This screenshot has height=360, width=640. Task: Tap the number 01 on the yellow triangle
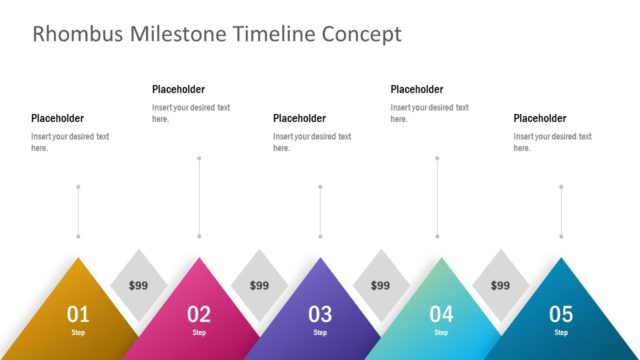(x=78, y=314)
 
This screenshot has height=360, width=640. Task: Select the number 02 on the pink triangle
(x=199, y=314)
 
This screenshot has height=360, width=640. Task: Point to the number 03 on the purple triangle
(x=320, y=314)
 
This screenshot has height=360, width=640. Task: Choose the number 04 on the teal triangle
(x=441, y=314)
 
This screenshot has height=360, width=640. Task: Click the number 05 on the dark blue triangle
(x=561, y=314)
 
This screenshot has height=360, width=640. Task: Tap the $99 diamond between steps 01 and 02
(x=138, y=285)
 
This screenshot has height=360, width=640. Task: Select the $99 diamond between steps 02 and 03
(x=259, y=285)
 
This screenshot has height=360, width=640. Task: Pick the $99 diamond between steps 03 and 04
(x=380, y=285)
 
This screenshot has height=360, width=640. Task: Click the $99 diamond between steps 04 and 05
(x=500, y=285)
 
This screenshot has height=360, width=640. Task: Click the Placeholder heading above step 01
(x=57, y=118)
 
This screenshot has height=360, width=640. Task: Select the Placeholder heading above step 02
(x=178, y=89)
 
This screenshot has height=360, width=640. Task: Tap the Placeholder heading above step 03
(x=299, y=118)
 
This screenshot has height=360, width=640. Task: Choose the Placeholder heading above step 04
(x=417, y=89)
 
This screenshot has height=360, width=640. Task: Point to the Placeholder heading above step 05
(x=540, y=118)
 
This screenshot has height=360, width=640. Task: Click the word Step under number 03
(x=320, y=332)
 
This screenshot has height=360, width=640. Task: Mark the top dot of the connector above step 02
(x=199, y=157)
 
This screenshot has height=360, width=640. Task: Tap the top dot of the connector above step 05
(x=561, y=186)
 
